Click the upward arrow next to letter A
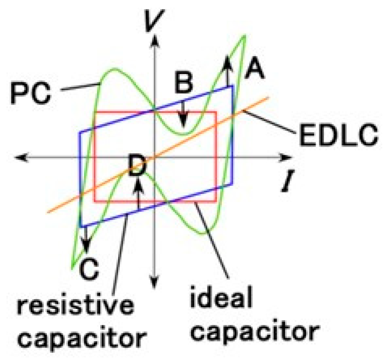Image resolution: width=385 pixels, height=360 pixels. click(x=228, y=71)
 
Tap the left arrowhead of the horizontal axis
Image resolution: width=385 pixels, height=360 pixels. click(x=21, y=157)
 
